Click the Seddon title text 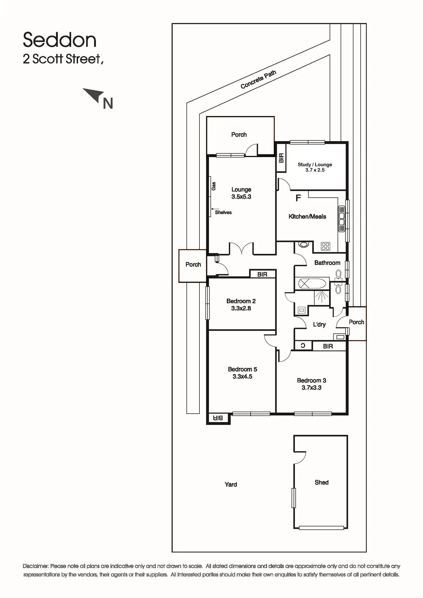click(59, 40)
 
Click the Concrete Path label click(258, 79)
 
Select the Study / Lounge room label click(315, 165)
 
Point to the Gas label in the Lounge click(214, 186)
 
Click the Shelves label click(223, 213)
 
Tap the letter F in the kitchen click(298, 198)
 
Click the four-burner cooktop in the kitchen click(326, 246)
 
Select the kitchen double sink click(341, 218)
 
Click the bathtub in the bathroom click(312, 284)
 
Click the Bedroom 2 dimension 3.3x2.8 click(241, 308)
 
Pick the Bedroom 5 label click(242, 369)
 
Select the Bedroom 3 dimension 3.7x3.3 click(312, 388)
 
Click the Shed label click(321, 483)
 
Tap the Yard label click(231, 485)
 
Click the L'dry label click(319, 325)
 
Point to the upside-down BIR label click(218, 418)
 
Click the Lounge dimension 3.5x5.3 click(241, 197)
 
